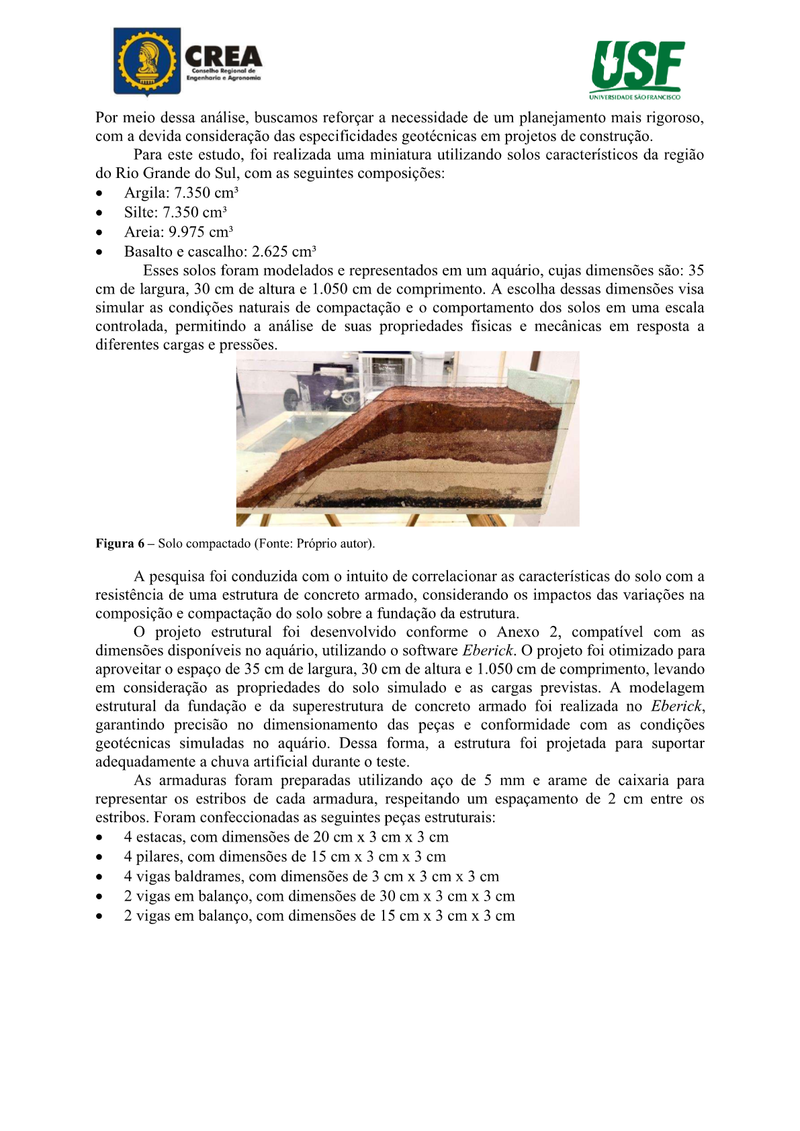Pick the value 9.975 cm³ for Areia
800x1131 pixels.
click(x=200, y=232)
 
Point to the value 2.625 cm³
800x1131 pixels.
click(x=283, y=252)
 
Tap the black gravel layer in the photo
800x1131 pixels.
click(x=416, y=500)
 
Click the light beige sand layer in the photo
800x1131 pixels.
click(x=437, y=473)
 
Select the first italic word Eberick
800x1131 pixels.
click(x=487, y=651)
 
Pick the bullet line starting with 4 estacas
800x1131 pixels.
click(x=286, y=838)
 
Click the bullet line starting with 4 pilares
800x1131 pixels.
click(x=285, y=857)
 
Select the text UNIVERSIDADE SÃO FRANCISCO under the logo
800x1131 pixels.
click(x=635, y=97)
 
